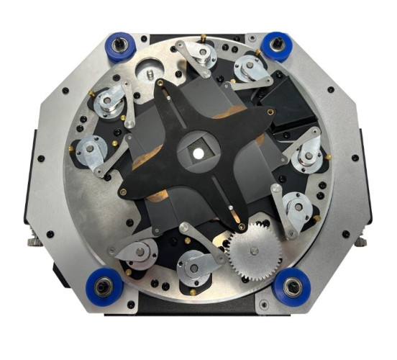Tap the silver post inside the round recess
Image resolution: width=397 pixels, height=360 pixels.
148,73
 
